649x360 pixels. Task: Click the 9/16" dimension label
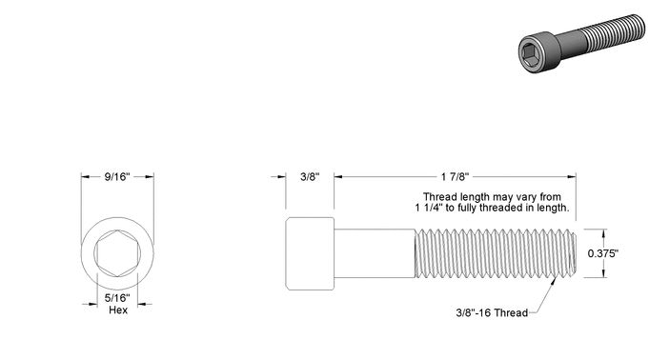(117, 177)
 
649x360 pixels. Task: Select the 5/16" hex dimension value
(117, 298)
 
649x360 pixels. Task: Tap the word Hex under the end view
(118, 310)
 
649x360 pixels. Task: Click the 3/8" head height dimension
(310, 177)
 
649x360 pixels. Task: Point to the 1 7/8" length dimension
(455, 177)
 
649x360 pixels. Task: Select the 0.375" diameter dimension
(603, 253)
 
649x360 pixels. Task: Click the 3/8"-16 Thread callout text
(492, 312)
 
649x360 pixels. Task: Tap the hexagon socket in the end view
(117, 253)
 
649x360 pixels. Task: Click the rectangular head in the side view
(310, 253)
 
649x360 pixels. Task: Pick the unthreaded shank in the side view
(375, 253)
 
